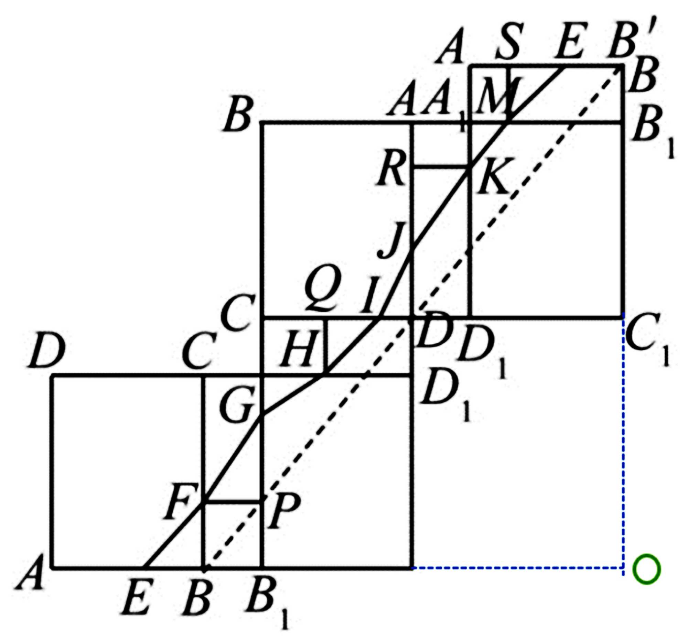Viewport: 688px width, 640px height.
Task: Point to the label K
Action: pyautogui.click(x=492, y=176)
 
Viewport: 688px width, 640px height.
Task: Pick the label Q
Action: pyautogui.click(x=324, y=291)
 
